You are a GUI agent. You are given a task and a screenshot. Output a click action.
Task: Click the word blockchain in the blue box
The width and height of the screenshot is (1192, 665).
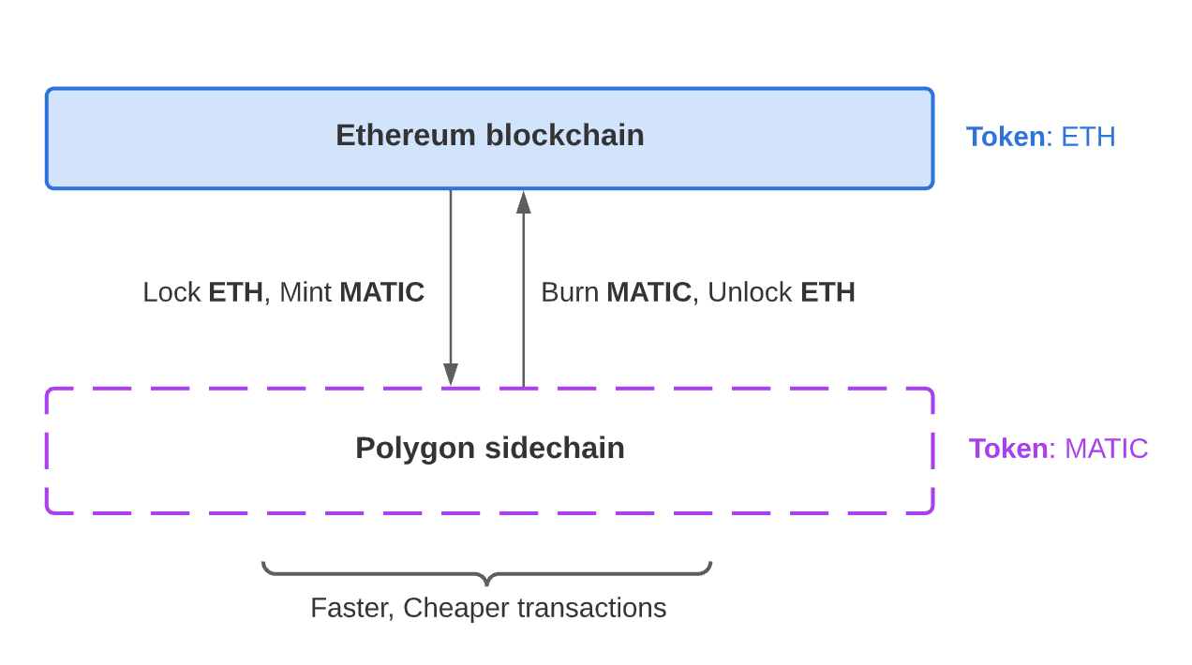click(564, 136)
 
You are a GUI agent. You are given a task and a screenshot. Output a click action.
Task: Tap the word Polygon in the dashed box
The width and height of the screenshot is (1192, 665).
click(415, 449)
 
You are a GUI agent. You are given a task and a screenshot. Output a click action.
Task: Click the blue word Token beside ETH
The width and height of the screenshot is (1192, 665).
click(1006, 137)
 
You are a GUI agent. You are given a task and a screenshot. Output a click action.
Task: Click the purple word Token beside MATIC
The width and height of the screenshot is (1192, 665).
click(1008, 449)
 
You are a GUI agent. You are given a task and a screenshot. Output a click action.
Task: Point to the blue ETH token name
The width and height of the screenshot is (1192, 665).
click(1088, 137)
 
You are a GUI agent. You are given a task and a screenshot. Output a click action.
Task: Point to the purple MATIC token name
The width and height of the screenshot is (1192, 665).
click(1106, 449)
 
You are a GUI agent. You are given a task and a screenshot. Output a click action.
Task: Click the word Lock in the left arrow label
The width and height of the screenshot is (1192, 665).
click(171, 292)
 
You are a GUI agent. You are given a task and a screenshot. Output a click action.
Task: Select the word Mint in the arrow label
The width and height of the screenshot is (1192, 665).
click(305, 292)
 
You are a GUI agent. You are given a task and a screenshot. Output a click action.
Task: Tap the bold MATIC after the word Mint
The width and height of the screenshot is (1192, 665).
click(381, 292)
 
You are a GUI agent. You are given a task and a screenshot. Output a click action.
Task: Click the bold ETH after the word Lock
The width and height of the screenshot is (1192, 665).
click(235, 292)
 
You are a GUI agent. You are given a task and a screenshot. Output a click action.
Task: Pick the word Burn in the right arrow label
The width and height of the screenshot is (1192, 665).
click(570, 292)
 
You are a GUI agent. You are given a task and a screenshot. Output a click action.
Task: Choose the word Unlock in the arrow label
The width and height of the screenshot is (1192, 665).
click(750, 292)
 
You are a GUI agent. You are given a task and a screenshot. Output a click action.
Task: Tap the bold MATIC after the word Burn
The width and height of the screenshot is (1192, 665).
click(648, 292)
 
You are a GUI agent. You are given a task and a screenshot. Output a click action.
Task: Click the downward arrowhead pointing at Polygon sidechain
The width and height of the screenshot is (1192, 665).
click(451, 375)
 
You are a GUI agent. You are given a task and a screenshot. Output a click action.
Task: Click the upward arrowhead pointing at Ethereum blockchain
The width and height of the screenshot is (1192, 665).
click(524, 201)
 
